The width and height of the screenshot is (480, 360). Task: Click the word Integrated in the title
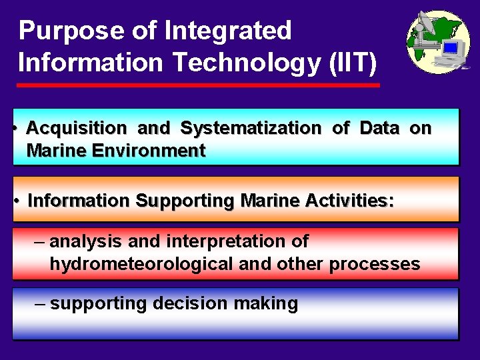point(227,31)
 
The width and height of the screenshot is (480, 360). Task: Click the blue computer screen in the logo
point(451,48)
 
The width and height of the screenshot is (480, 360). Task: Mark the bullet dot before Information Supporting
point(16,199)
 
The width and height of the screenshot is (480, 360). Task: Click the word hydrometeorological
point(141,265)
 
